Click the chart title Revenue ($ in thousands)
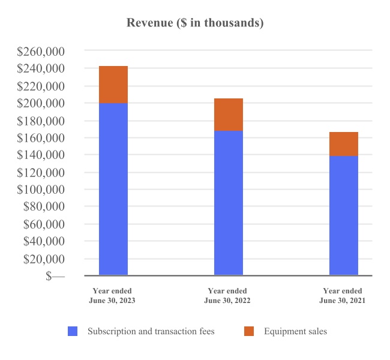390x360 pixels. [x=195, y=23]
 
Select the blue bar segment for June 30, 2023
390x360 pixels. [x=113, y=189]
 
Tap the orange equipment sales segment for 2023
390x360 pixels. [x=113, y=85]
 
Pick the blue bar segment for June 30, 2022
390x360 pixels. [x=229, y=203]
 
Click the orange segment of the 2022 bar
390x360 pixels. [x=229, y=115]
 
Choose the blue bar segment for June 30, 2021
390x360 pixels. [x=344, y=215]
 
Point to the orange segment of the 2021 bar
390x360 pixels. [x=344, y=144]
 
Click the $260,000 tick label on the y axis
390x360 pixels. [x=41, y=52]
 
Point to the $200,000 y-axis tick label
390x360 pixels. [x=41, y=103]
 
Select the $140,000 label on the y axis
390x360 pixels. [x=41, y=155]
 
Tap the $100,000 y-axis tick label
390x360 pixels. [x=41, y=190]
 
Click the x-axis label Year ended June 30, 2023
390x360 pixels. [x=112, y=296]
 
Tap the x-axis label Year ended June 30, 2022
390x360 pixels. [x=227, y=296]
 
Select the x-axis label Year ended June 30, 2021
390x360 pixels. [x=343, y=296]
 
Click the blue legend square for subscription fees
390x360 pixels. [x=73, y=331]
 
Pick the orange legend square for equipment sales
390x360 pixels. [x=250, y=331]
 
